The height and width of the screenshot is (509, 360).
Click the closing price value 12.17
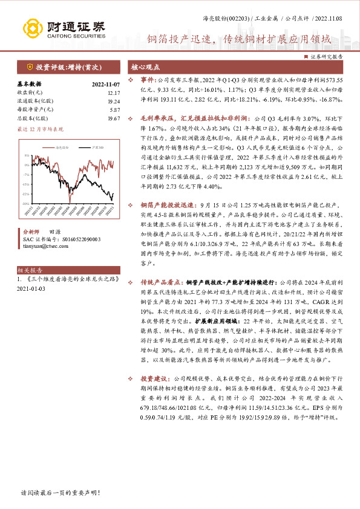113,93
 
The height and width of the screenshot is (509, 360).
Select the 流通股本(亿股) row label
33,101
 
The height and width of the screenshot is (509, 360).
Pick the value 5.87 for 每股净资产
114,109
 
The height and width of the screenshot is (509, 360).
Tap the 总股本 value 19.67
113,118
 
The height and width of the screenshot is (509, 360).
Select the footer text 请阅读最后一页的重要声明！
59,493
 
